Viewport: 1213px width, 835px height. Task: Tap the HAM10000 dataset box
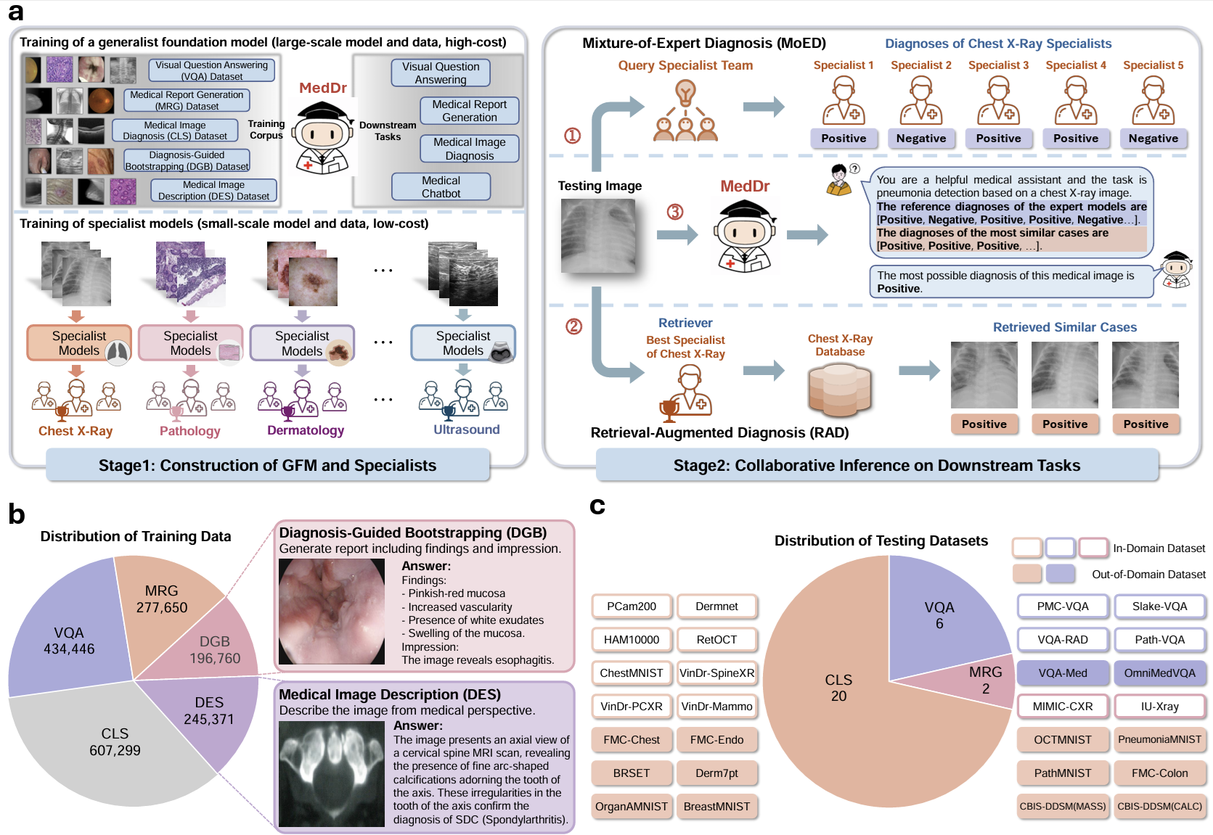coord(632,640)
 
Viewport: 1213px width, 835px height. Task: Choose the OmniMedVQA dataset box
coord(1159,673)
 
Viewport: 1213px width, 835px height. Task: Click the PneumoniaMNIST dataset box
coord(1159,740)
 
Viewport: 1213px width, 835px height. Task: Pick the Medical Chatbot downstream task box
coord(441,187)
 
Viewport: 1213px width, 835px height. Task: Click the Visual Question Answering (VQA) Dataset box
coord(211,70)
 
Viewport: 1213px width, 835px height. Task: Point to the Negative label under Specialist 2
coord(920,139)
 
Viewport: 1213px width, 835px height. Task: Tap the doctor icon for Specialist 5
coord(1153,101)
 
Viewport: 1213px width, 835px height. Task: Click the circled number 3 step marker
coord(675,212)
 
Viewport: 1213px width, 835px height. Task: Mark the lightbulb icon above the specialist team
coord(685,93)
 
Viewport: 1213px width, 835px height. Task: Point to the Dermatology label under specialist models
coord(306,430)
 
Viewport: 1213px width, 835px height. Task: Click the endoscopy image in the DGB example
coord(332,612)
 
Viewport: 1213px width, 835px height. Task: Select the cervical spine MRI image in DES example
coord(332,773)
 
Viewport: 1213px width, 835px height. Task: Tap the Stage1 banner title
coord(267,466)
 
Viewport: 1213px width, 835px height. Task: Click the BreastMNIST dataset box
coord(716,807)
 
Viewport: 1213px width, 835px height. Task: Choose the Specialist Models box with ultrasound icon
coord(463,343)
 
